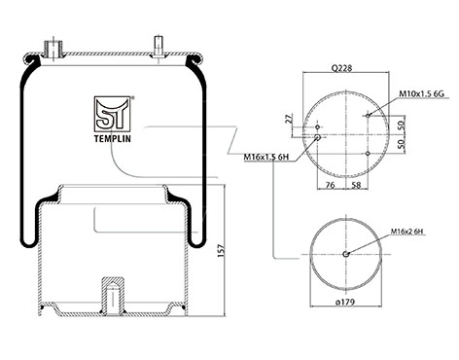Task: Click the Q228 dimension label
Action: [x=341, y=69]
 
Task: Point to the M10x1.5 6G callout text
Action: [x=421, y=93]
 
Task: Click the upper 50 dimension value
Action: [x=401, y=125]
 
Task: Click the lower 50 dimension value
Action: [x=401, y=144]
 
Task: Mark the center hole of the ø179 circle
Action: [x=345, y=255]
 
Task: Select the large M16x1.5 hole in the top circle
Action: [x=318, y=138]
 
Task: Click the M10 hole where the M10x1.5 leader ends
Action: [x=368, y=116]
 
